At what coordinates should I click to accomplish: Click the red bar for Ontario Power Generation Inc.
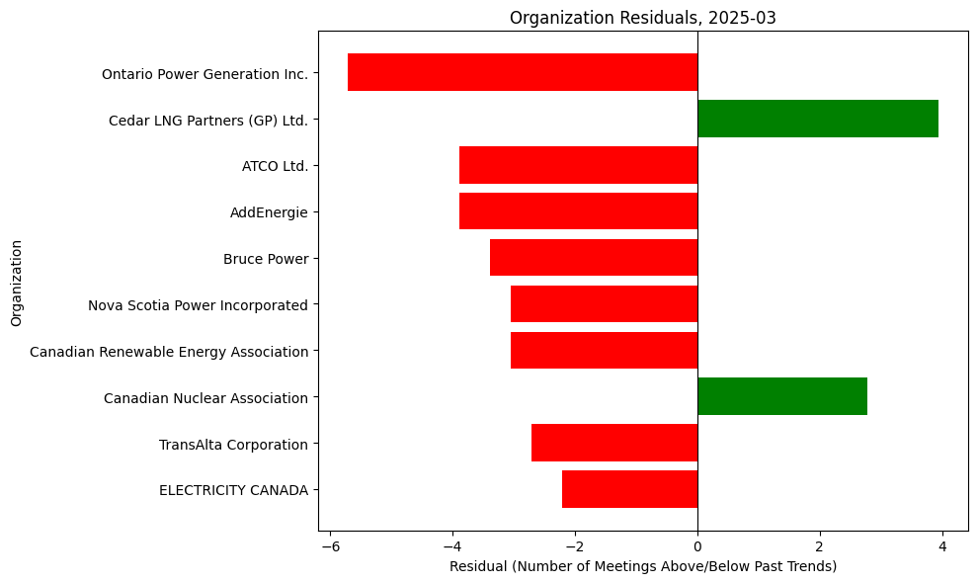click(523, 72)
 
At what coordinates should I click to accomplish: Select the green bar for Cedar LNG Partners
click(818, 119)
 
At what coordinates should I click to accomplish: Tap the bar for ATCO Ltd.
click(578, 165)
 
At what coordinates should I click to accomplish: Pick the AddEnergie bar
click(578, 211)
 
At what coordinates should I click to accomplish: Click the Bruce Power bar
click(594, 258)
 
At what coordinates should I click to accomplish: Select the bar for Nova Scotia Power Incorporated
click(604, 304)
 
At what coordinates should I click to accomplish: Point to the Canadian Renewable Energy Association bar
click(604, 351)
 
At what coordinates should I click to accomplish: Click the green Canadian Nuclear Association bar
click(782, 397)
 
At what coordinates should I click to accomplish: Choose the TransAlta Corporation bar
click(614, 444)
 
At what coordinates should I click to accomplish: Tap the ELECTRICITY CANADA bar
click(629, 489)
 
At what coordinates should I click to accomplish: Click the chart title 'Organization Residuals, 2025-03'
click(642, 17)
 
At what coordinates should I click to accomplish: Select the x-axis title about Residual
click(642, 566)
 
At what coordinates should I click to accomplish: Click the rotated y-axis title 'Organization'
click(16, 281)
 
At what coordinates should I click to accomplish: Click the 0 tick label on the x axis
click(697, 545)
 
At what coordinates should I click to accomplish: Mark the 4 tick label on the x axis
click(942, 545)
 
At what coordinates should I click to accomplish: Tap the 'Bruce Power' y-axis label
click(266, 259)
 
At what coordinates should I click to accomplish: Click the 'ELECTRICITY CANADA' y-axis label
click(233, 490)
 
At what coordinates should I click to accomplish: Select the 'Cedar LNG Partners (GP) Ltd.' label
click(208, 121)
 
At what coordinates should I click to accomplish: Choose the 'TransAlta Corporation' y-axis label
click(233, 445)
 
